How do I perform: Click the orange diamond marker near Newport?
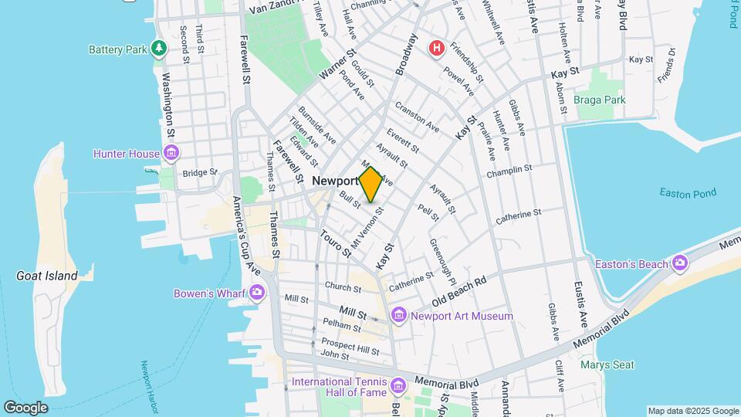pos(370,185)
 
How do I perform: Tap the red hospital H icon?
pos(437,49)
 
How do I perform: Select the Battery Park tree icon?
pos(159,49)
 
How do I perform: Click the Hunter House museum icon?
pos(171,154)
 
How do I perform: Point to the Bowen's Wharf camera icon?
pos(256,293)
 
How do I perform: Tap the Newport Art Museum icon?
pos(398,315)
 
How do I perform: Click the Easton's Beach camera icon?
pos(679,264)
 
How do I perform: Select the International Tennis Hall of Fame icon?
pos(398,385)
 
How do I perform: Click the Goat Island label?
pos(47,276)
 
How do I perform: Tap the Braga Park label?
pos(600,100)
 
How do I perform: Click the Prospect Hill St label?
pos(350,346)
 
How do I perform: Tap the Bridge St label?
pos(196,173)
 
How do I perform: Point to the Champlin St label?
pos(509,169)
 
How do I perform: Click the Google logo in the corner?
pos(26,408)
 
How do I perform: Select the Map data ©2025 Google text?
pos(692,411)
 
